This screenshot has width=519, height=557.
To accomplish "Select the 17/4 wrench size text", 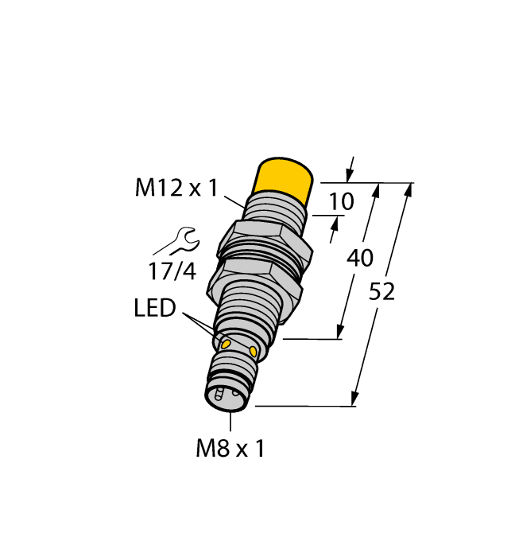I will tap(172, 271).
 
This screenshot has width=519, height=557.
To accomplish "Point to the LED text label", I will tap(154, 308).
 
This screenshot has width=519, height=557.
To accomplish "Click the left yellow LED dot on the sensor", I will tap(225, 344).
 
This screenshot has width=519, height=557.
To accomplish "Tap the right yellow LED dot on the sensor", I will tap(254, 351).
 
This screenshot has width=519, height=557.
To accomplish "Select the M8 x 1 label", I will tap(230, 449).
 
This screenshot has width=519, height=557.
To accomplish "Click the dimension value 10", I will tap(341, 202).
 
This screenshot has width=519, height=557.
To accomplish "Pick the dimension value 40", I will tap(361, 259).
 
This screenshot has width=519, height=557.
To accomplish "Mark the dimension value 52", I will tap(382, 292).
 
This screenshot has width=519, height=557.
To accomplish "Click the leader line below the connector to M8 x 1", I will tap(230, 423).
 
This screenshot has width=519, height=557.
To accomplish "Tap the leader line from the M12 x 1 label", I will tap(234, 198).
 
